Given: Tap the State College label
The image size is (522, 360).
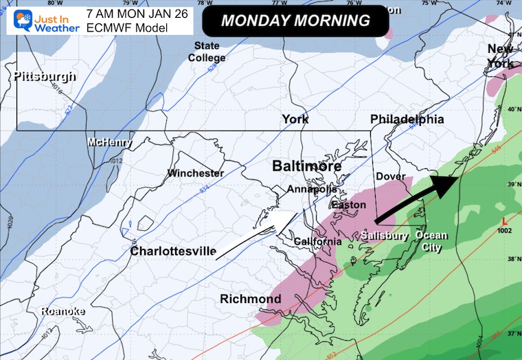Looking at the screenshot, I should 207,52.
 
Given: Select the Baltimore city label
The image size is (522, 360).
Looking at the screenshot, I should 306,166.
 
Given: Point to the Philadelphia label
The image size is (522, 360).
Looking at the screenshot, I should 407,120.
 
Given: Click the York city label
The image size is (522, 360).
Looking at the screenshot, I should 295,120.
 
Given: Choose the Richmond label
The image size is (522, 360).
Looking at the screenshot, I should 250,299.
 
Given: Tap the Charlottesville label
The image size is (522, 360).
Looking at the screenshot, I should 174,251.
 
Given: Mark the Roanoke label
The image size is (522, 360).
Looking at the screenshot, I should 63,311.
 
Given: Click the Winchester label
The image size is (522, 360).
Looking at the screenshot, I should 196,173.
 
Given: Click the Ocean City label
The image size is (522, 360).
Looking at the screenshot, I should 431,241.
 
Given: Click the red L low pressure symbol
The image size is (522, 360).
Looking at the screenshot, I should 506,222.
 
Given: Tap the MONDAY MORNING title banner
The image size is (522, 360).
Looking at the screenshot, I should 295,21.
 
